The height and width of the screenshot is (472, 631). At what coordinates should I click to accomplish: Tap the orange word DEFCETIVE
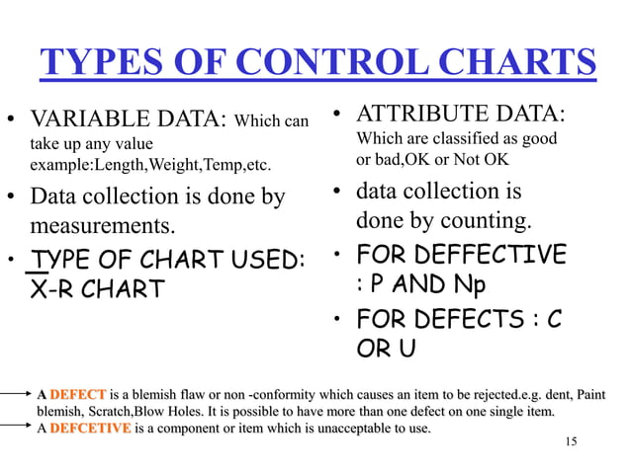(x=90, y=428)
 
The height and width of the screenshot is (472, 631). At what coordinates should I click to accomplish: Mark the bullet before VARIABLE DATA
(x=11, y=126)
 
